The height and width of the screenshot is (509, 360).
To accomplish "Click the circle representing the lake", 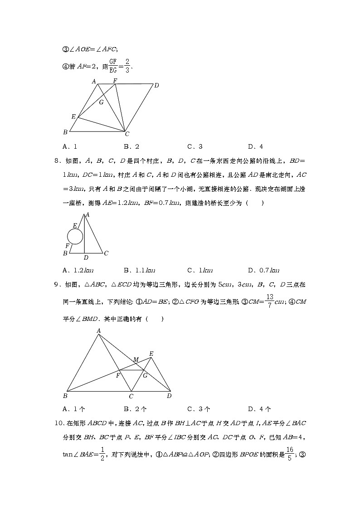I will [75, 236].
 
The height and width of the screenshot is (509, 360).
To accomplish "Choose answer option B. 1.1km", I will [139, 271].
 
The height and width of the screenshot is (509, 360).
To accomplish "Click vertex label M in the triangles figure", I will [136, 360].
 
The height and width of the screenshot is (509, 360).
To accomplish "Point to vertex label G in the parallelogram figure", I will [101, 102].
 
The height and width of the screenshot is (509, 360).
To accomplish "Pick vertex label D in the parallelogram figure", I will [156, 85].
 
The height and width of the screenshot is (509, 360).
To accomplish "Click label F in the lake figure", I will [67, 245].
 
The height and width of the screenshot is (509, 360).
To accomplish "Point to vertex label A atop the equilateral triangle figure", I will [98, 331].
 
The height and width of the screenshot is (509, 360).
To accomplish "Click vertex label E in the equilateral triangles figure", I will [151, 353].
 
